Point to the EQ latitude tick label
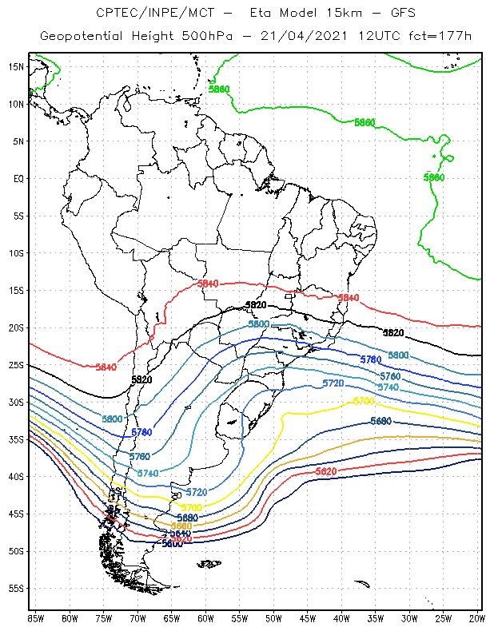(x=18, y=178)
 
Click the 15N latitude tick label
(x=15, y=66)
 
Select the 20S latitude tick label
(x=15, y=327)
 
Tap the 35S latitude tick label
(x=15, y=439)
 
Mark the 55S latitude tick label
(x=15, y=589)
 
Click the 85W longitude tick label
(x=35, y=618)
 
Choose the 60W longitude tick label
(x=205, y=618)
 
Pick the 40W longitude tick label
(x=341, y=618)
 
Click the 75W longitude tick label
(x=103, y=618)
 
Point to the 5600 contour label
(x=172, y=544)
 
